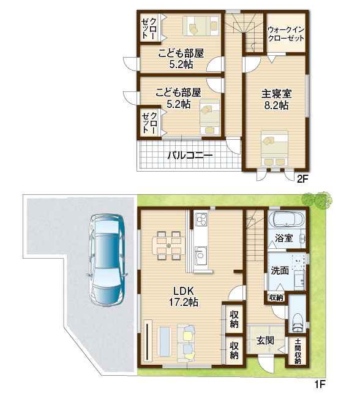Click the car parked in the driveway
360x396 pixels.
tap(107, 260)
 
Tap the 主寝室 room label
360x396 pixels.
tap(277, 94)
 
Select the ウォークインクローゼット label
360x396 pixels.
tap(286, 34)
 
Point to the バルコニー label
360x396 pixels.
tap(190, 155)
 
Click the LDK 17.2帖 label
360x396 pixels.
tap(184, 297)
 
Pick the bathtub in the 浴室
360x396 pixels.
tap(286, 219)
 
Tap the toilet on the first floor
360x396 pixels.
tap(297, 323)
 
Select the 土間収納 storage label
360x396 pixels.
tap(298, 351)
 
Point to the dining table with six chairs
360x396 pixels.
tap(168, 245)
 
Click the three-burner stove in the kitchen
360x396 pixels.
tap(201, 219)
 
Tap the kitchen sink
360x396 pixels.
tap(201, 256)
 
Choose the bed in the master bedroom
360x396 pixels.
tap(275, 148)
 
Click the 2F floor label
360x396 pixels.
tap(302, 179)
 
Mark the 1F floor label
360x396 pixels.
tap(320, 384)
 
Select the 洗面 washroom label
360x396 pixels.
tap(280, 270)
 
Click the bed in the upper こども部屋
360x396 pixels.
tap(201, 26)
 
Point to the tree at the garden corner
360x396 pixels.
tap(317, 199)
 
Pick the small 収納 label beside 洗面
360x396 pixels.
tap(276, 298)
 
